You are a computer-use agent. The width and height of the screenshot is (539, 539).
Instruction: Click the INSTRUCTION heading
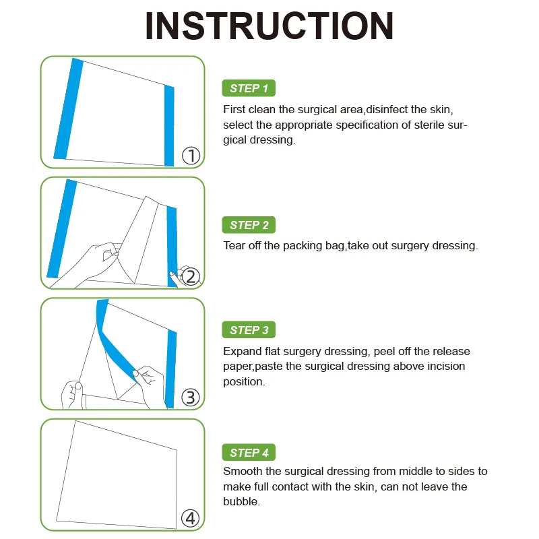tap(269, 26)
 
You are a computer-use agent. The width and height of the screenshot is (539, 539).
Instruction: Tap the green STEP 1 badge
tap(249, 88)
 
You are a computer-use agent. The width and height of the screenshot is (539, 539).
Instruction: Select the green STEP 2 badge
tap(249, 225)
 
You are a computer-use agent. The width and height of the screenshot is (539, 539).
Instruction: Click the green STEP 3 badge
tap(249, 330)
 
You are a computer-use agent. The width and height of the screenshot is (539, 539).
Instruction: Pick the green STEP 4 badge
tap(249, 452)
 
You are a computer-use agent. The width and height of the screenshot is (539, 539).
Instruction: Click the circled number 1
tap(191, 156)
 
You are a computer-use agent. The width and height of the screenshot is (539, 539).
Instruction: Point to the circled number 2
tap(191, 277)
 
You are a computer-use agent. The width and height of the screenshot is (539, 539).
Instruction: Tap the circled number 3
tap(191, 398)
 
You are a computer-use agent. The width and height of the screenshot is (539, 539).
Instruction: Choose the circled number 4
tap(191, 518)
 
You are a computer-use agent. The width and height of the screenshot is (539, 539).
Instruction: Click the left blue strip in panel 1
tap(69, 109)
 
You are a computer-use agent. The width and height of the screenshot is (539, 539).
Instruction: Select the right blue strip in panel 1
tap(169, 126)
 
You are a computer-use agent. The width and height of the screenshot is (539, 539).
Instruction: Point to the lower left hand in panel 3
tap(72, 395)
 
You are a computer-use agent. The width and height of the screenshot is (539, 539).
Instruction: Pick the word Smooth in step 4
tap(243, 471)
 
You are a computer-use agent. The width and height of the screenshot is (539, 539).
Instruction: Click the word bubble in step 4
tap(241, 501)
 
